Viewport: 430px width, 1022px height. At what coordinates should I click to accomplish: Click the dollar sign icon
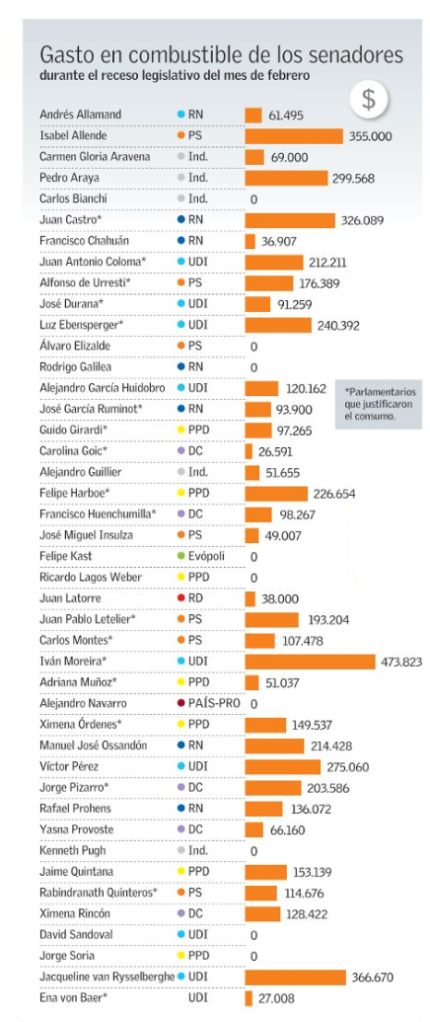click(368, 99)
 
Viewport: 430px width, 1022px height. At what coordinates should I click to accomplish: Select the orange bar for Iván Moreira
click(311, 662)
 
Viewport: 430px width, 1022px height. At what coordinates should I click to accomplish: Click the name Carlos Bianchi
click(73, 198)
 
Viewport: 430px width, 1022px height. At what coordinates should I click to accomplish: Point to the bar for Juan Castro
click(290, 220)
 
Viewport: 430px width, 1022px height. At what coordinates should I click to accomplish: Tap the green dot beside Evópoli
click(181, 557)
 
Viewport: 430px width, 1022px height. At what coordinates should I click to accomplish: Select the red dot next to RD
click(181, 598)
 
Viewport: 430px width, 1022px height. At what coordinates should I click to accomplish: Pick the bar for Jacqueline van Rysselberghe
click(295, 977)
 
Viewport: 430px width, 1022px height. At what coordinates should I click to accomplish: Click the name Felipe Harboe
click(71, 494)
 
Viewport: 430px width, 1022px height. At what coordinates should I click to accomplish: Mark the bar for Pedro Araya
click(286, 178)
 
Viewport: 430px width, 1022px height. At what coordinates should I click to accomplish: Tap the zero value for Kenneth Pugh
click(253, 851)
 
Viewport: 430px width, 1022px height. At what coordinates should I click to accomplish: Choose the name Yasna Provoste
click(76, 829)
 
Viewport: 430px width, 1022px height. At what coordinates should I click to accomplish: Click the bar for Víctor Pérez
click(283, 766)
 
